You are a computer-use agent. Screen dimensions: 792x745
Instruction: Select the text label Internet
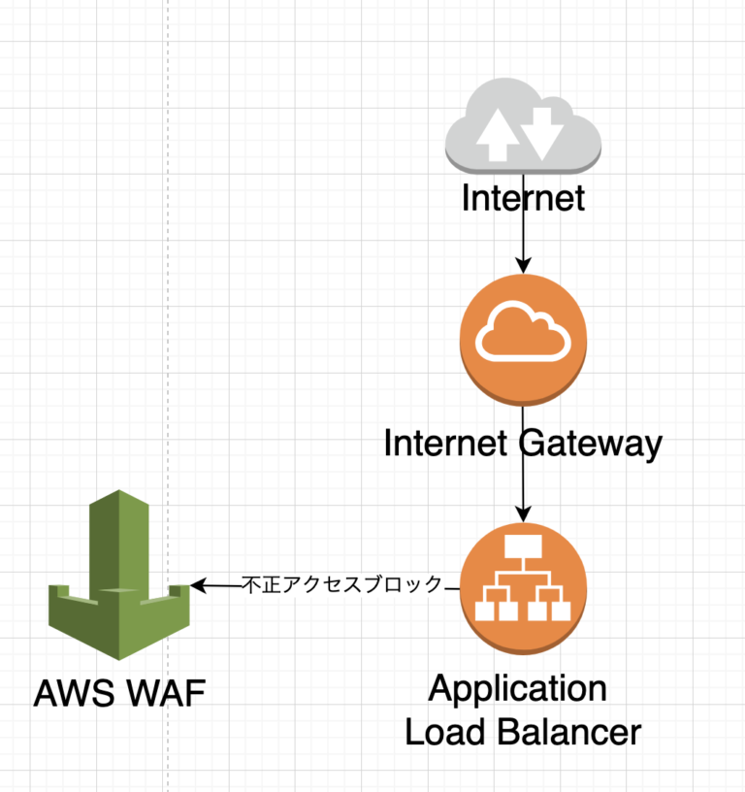[523, 198]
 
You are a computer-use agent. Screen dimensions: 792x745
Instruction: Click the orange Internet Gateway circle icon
[523, 339]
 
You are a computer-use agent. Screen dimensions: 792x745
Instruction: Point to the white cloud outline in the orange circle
[523, 332]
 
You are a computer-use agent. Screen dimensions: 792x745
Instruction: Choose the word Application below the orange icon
[518, 690]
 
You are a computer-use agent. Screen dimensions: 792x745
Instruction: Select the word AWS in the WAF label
[75, 694]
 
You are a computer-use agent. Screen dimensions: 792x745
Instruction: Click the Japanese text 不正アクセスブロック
[341, 584]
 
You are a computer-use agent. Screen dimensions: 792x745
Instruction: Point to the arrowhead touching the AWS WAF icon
[198, 585]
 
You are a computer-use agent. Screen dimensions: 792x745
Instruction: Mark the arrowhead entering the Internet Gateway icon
[523, 266]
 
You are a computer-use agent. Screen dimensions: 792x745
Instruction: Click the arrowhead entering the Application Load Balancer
[523, 515]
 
